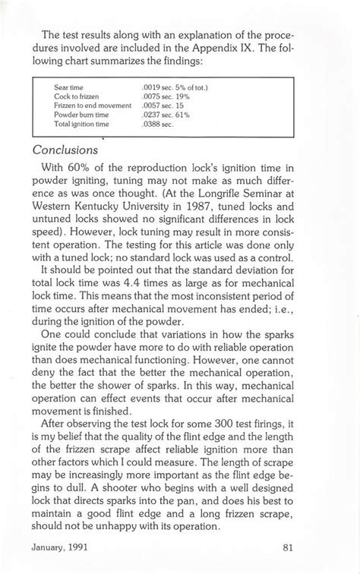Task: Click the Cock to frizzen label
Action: point(77,96)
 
